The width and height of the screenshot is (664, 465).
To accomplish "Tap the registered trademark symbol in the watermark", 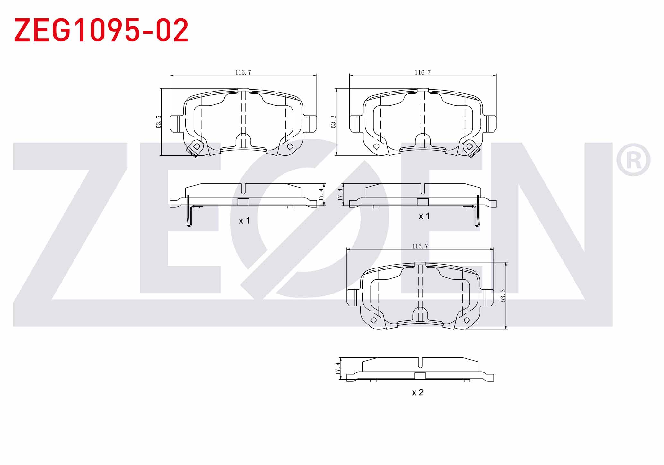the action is [633, 160].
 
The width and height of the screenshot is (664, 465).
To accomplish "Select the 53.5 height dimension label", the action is [158, 122].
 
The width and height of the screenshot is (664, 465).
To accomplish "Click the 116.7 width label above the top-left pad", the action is [243, 72].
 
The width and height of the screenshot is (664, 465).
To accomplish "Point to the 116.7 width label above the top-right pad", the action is [423, 72].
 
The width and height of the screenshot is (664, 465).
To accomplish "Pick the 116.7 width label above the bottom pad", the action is [420, 246].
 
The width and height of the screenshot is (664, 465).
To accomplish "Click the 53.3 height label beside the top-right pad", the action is [333, 122].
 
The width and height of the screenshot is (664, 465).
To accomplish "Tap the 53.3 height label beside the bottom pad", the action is [503, 295].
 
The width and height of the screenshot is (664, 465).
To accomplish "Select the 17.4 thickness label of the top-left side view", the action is [321, 195].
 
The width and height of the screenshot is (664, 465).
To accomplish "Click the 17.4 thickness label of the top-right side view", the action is [340, 195].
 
